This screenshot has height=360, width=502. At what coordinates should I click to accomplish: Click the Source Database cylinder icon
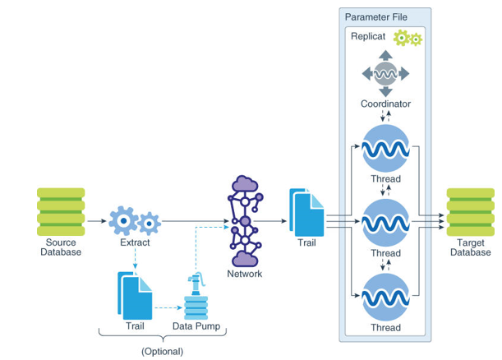60,211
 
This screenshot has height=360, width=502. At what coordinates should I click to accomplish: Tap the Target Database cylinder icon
470,211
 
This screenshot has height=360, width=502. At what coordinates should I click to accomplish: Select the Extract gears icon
135,220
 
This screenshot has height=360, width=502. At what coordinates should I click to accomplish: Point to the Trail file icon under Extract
136,296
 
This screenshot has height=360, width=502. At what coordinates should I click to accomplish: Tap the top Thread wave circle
385,149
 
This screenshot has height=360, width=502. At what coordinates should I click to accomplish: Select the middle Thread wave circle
385,223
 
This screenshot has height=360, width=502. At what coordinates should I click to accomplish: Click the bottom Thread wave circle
385,297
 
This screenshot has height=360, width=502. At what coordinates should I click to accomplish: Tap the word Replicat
369,38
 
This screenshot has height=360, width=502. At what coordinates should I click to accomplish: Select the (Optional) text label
162,351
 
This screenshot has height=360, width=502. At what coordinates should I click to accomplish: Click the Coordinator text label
385,104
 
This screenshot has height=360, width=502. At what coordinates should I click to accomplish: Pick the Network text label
243,274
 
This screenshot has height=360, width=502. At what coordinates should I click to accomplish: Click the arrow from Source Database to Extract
96,220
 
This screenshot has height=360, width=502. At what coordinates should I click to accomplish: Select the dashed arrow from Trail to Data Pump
168,307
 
